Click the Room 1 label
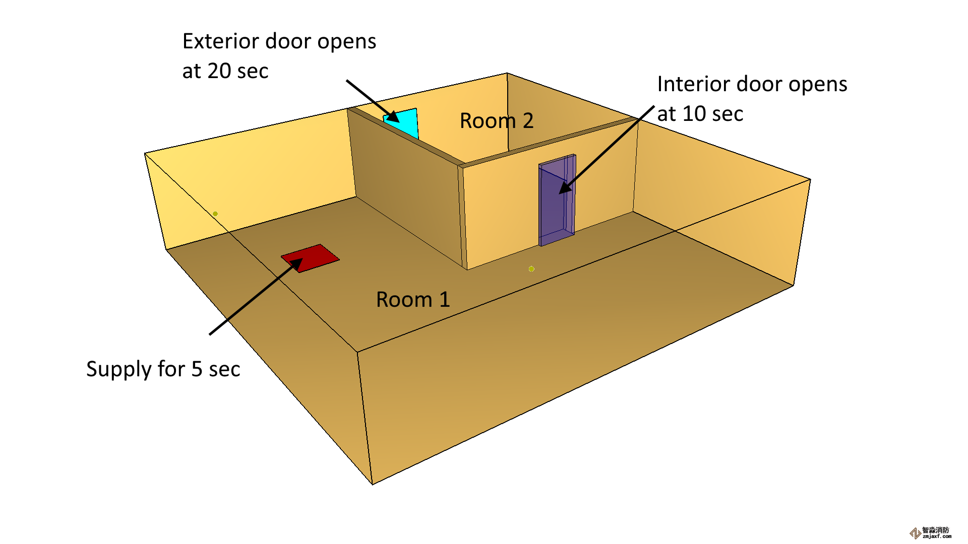pos(413,300)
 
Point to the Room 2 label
pos(497,121)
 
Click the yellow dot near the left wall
pos(215,214)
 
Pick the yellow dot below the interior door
pos(531,269)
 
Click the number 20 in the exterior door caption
pos(219,71)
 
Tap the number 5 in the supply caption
pos(197,369)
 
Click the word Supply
pos(118,369)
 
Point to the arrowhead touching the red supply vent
pos(297,263)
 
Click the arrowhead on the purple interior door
pos(565,188)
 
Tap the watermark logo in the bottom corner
pos(915,533)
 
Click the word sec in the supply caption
pos(224,369)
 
